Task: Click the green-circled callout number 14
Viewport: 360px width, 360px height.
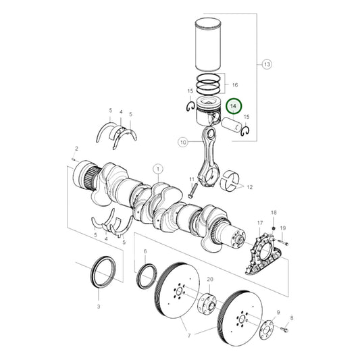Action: click(x=234, y=106)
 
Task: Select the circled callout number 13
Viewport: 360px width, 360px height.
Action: click(x=266, y=64)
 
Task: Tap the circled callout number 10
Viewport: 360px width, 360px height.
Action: click(x=182, y=142)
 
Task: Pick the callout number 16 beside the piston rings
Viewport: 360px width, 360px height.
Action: click(x=234, y=86)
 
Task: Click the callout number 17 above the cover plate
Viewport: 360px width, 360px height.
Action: click(x=259, y=223)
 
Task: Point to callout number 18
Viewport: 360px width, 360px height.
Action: click(x=274, y=213)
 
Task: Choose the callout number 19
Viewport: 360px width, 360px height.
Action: click(x=283, y=228)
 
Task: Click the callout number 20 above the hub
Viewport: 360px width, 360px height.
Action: click(x=209, y=279)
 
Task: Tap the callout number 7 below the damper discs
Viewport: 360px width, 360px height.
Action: click(x=188, y=336)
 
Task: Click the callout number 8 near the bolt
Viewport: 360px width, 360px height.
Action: click(x=292, y=317)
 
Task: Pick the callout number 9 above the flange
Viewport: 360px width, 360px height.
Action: click(x=278, y=312)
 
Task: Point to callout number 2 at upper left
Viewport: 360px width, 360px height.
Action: click(x=76, y=148)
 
